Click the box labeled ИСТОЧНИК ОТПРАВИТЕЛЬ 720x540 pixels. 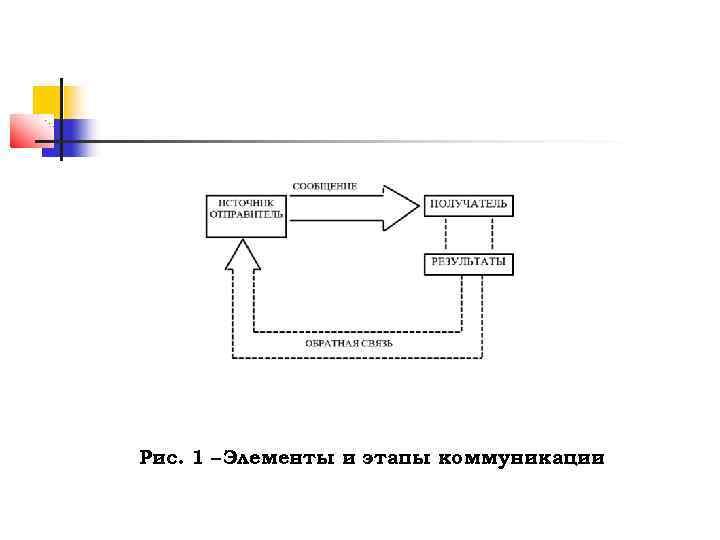[x=246, y=213]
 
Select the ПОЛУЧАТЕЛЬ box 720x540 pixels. [x=468, y=204]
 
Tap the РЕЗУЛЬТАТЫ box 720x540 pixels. [x=468, y=264]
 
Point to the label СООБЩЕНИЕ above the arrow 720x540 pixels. [x=324, y=186]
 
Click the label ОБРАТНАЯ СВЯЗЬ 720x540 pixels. [x=349, y=344]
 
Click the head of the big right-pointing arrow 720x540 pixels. [x=400, y=208]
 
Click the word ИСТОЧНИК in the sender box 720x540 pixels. [x=245, y=201]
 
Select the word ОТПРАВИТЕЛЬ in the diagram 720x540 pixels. [x=246, y=213]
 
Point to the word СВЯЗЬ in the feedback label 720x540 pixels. [x=376, y=344]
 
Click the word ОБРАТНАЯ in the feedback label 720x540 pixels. [x=330, y=344]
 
